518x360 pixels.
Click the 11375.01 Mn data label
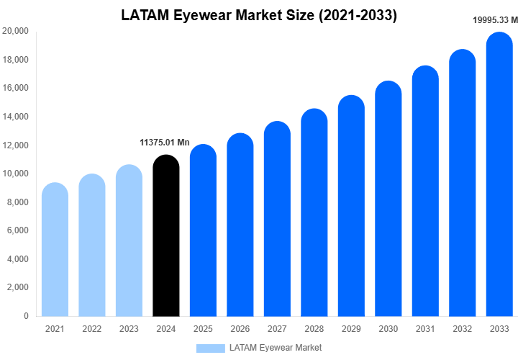165,143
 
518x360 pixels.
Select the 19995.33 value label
495,20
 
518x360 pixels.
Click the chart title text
258,14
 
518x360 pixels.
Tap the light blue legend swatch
210,348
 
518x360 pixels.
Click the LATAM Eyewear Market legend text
276,348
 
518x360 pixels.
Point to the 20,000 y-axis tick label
15,31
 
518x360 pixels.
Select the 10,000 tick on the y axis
15,174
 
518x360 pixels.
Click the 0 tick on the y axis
26,315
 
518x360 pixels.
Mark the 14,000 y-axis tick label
15,117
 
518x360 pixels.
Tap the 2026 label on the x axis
240,329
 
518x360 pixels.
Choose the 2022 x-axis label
92,329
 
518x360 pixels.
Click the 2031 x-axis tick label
425,329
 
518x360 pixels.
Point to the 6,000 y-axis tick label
17,230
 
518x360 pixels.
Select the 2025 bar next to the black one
204,230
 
